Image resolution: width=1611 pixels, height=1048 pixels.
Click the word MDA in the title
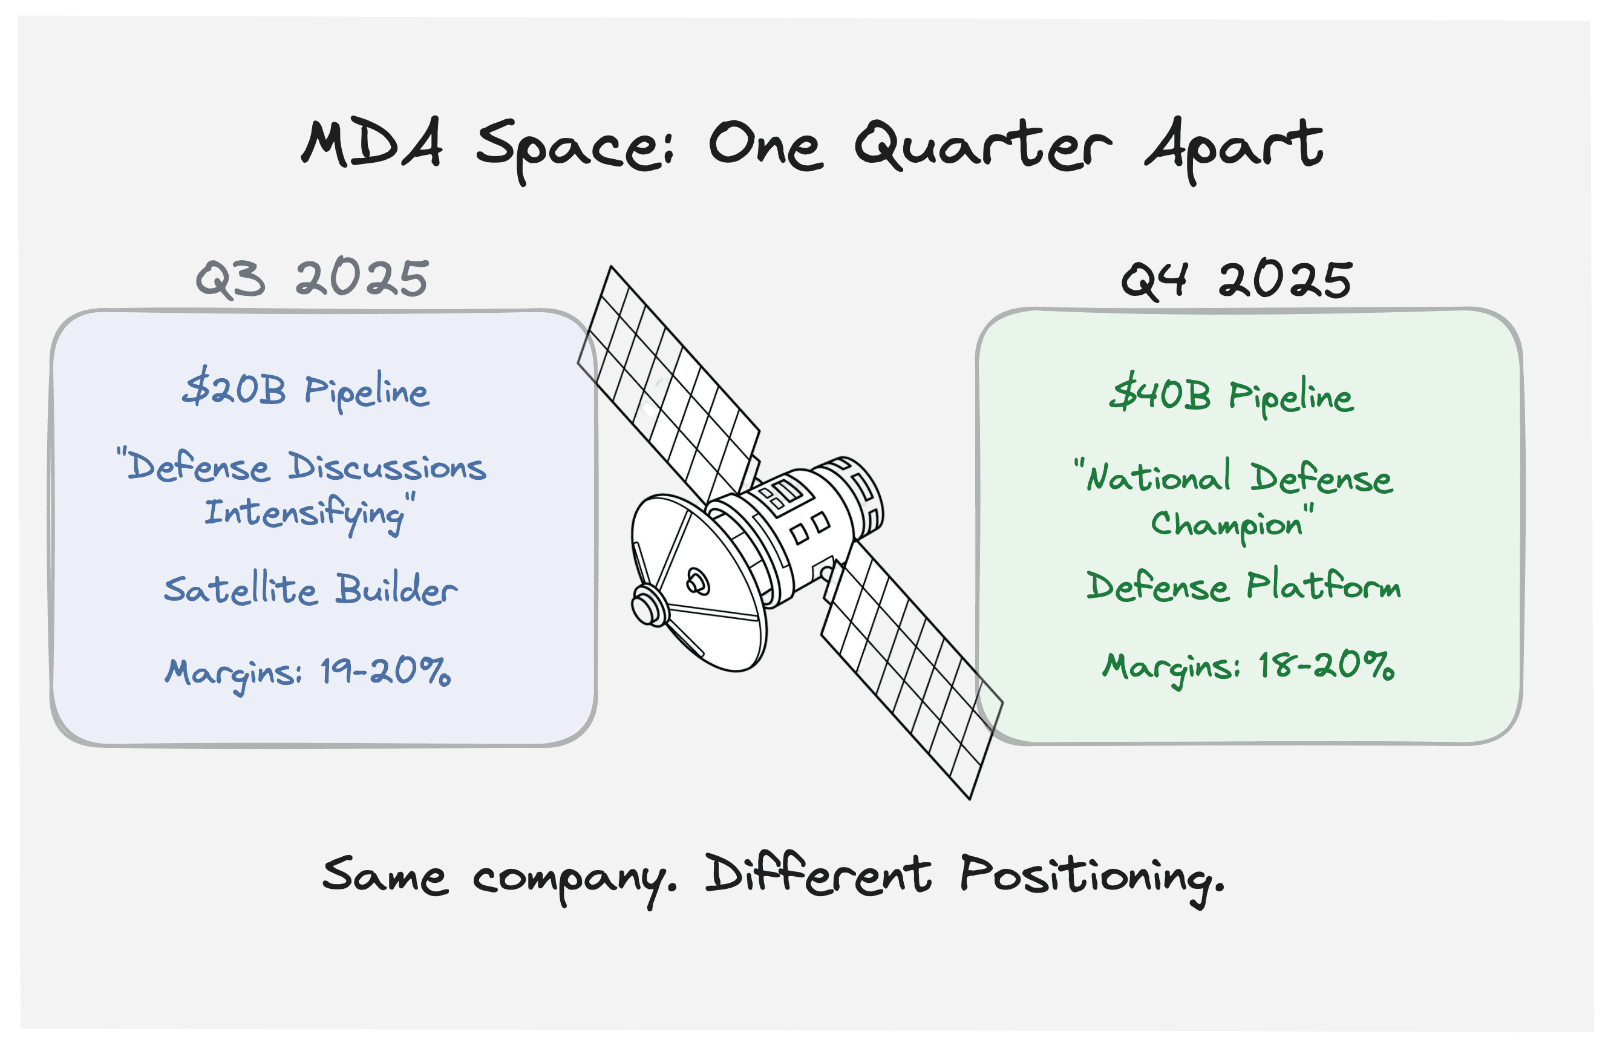pos(371,143)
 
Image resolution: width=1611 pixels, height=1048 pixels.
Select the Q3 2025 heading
pos(312,278)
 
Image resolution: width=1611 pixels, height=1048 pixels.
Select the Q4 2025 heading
pos(1236,280)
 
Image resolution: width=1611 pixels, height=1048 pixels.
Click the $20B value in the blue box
pos(234,389)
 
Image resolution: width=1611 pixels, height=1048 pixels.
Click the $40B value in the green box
pos(1160,394)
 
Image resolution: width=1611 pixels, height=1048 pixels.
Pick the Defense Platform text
pos(1243,586)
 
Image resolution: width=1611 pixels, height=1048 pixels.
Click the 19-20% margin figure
pos(385,672)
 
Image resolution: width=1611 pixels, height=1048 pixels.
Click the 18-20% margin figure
pos(1325,666)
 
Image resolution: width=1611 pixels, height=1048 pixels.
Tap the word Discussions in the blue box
pos(387,467)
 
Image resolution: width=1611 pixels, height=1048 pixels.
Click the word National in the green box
pos(1157,477)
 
